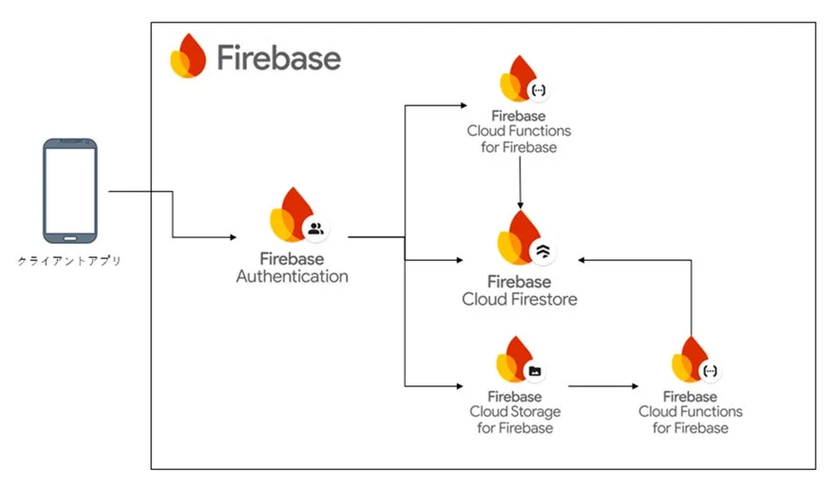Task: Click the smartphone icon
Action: click(69, 190)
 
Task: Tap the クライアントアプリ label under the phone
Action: click(69, 260)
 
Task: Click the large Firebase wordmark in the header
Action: click(277, 58)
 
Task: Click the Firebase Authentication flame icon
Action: click(291, 215)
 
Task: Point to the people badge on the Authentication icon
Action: click(315, 228)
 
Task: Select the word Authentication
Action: click(292, 277)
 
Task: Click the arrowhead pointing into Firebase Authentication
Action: click(233, 235)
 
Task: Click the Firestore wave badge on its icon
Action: click(543, 252)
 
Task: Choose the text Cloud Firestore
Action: click(519, 299)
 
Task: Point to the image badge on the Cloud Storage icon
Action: click(535, 371)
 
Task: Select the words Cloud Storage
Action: click(514, 412)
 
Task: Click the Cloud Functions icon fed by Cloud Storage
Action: click(690, 360)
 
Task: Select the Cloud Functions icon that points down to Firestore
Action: click(520, 80)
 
